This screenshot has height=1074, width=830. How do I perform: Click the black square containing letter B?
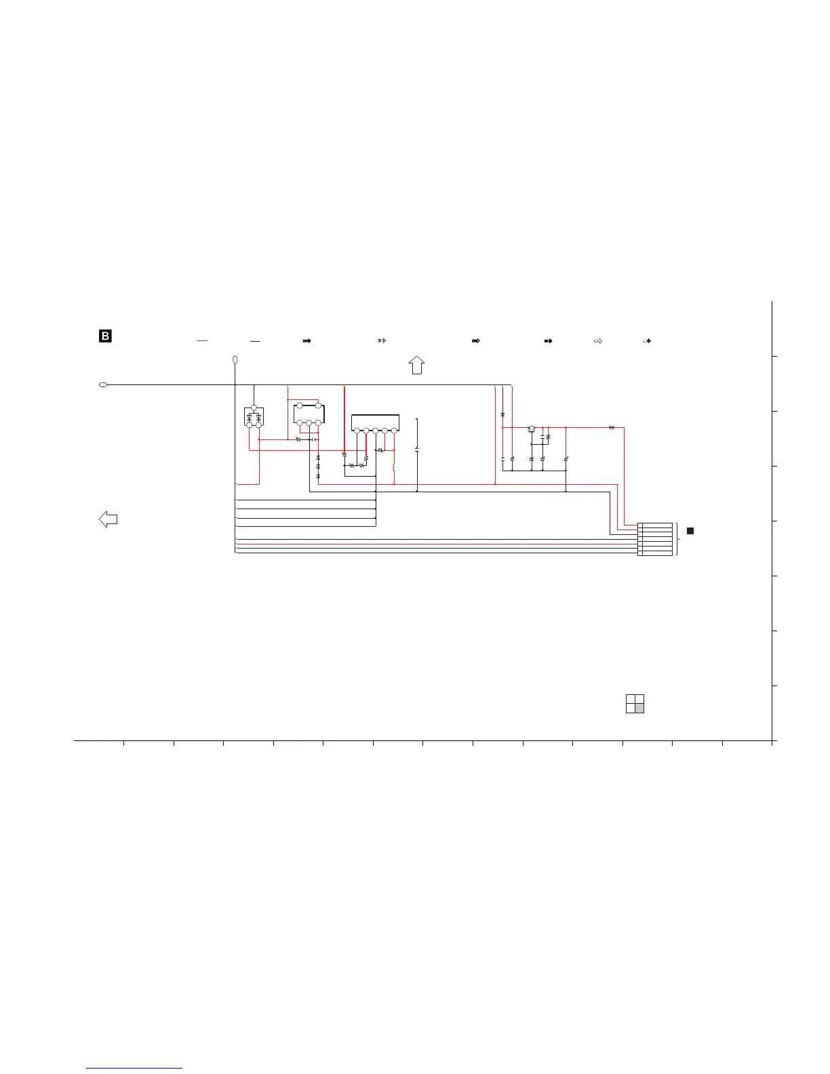105,336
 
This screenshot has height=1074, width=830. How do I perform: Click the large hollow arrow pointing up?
417,365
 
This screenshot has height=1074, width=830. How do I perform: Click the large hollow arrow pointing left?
108,519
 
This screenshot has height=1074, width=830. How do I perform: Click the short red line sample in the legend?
201,341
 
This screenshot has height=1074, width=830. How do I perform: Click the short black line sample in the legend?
255,342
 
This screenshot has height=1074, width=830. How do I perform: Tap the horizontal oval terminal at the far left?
103,385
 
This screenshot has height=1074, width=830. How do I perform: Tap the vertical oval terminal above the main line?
235,360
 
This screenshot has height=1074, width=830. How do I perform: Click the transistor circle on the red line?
532,429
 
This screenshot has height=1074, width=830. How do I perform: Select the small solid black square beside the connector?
690,531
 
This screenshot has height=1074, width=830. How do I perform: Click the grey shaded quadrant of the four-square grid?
639,709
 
